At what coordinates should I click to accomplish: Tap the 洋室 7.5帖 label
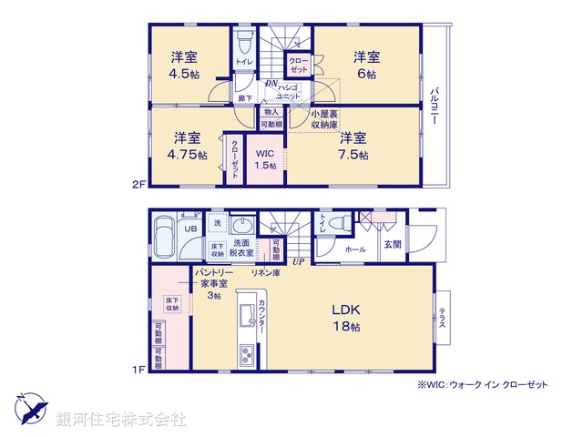(x=353, y=147)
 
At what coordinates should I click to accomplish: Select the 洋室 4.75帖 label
(x=189, y=147)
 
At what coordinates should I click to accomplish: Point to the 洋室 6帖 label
(x=367, y=65)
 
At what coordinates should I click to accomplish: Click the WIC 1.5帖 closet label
(x=265, y=159)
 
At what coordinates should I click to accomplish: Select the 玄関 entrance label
(x=392, y=245)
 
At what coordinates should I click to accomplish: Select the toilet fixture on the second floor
(x=243, y=43)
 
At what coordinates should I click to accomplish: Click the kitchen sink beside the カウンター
(x=246, y=315)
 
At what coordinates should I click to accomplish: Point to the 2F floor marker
(x=138, y=183)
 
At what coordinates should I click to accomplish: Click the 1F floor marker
(x=138, y=370)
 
